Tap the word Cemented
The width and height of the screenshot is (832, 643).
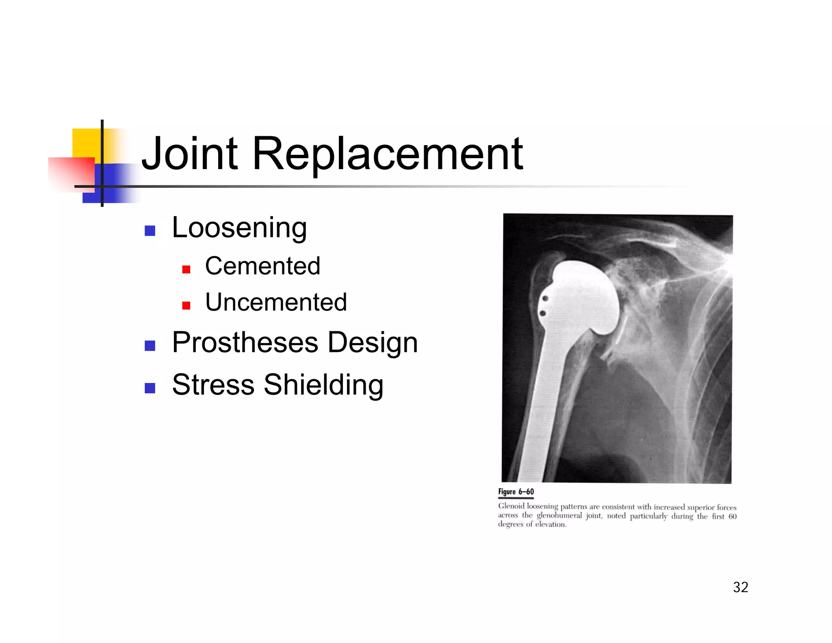(262, 266)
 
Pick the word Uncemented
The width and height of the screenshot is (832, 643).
(276, 302)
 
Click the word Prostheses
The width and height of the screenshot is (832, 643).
(245, 342)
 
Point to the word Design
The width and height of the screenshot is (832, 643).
(373, 342)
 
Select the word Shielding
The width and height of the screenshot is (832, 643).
(323, 384)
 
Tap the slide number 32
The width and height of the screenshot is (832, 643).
(740, 587)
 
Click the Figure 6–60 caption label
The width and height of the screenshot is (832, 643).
(516, 492)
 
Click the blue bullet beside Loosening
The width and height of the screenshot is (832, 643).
(150, 231)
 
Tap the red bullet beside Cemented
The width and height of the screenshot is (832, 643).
(186, 269)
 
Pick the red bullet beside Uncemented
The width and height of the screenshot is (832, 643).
(186, 305)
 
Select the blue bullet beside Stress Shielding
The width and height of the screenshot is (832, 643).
(150, 388)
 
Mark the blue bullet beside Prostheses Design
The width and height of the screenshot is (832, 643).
(150, 345)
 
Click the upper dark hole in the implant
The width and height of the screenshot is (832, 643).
(545, 299)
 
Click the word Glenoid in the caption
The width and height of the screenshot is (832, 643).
(511, 506)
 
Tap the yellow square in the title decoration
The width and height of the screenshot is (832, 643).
(86, 142)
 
